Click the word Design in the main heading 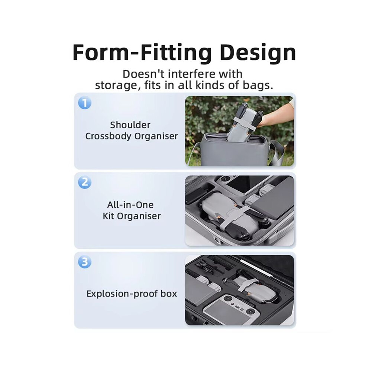point(258,53)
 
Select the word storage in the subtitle point(116,85)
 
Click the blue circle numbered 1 point(85,103)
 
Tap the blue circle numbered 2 point(85,183)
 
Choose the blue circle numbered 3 point(85,262)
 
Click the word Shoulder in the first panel point(130,125)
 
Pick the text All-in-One point(130,205)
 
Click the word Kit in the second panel point(109,216)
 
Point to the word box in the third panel point(168,294)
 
